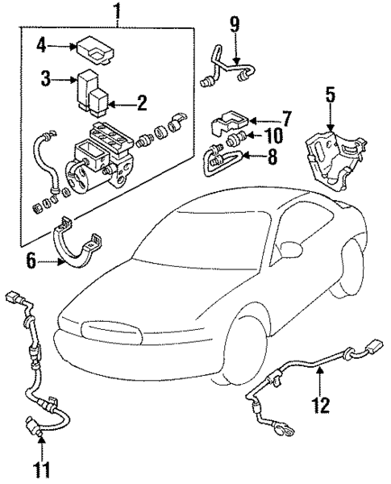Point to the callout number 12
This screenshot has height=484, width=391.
click(x=321, y=403)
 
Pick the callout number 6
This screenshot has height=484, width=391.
click(x=31, y=261)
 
